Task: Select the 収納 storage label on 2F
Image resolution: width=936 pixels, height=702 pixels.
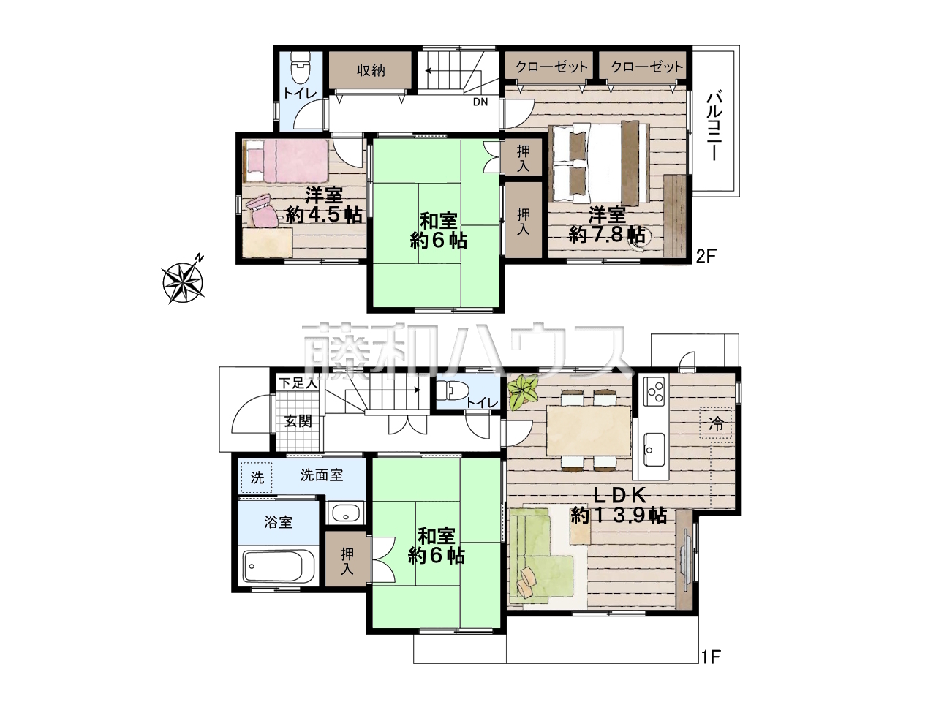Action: pyautogui.click(x=371, y=70)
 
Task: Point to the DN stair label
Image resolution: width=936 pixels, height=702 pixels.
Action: pyautogui.click(x=480, y=102)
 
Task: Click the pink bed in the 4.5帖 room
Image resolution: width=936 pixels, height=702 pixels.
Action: pyautogui.click(x=286, y=161)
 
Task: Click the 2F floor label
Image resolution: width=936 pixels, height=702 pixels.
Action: pyautogui.click(x=706, y=256)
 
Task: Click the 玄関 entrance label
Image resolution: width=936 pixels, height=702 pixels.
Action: pyautogui.click(x=298, y=420)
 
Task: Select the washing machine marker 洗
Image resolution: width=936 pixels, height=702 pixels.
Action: pyautogui.click(x=257, y=478)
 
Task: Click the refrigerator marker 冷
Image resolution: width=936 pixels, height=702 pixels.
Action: pyautogui.click(x=716, y=423)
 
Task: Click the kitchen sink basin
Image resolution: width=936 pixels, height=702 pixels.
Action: pyautogui.click(x=654, y=449)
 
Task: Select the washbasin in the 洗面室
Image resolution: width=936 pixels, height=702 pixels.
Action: pyautogui.click(x=345, y=513)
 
